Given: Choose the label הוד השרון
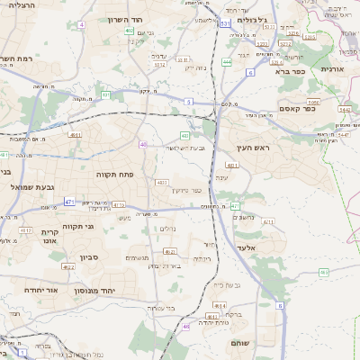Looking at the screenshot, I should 125,19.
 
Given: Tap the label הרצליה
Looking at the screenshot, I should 21,6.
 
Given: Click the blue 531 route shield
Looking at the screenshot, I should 224,24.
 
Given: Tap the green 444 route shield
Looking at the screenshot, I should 227,62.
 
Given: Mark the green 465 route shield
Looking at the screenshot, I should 323,272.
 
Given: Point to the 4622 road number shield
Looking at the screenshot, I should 68,267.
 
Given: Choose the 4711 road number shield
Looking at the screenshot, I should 268,221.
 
